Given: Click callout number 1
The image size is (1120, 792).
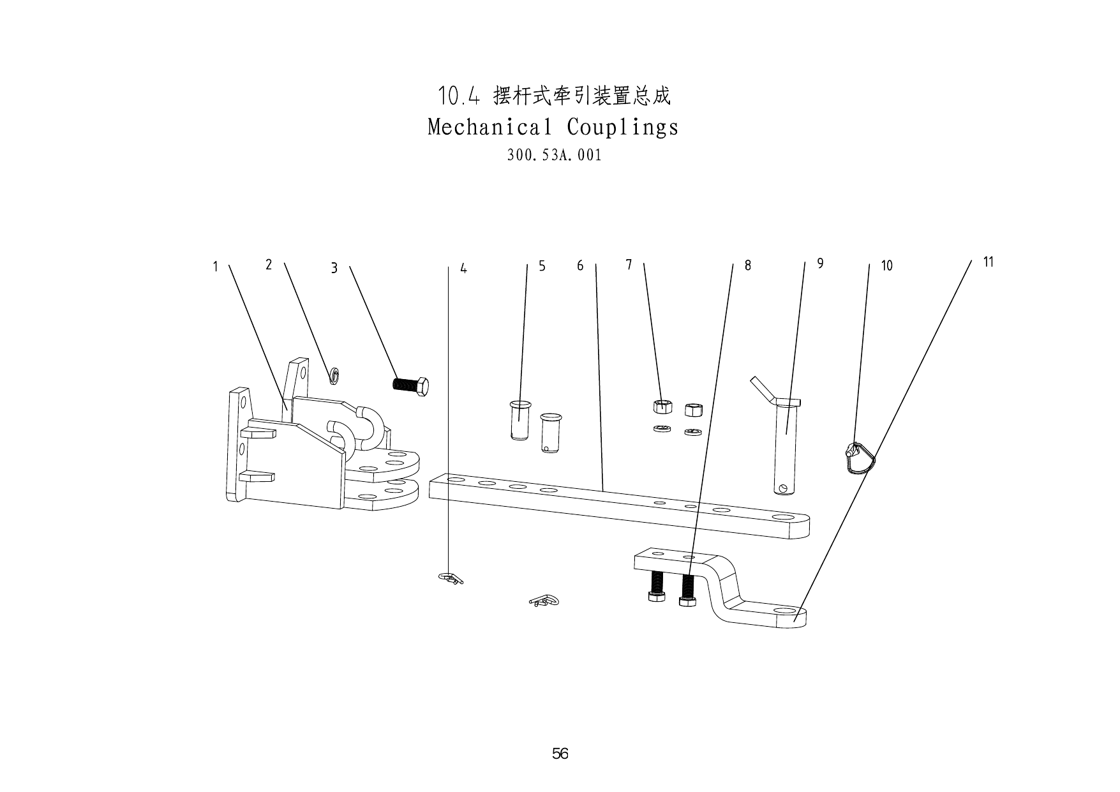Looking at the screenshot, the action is point(216,267).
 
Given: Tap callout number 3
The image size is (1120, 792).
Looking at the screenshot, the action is point(334,269).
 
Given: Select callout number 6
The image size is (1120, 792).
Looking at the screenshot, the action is point(580,265).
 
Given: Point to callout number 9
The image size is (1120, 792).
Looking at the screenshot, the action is point(820,264).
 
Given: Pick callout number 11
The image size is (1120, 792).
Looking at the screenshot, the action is point(989,262).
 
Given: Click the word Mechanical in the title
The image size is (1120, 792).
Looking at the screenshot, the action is point(489,127).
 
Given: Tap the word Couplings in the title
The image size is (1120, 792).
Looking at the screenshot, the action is point(622,127).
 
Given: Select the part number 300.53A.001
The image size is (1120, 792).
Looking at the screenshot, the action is point(554,155).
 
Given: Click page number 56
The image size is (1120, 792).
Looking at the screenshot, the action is point(560,754).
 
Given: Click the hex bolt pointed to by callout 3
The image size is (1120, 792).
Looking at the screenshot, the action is point(410,386).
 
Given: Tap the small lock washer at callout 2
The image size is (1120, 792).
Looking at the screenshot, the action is point(334,376).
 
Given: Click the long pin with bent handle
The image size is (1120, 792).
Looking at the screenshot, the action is point(786,440).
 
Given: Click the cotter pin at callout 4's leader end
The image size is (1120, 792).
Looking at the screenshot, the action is point(451,578).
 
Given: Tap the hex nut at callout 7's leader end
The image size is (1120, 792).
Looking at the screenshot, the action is point(662,405).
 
